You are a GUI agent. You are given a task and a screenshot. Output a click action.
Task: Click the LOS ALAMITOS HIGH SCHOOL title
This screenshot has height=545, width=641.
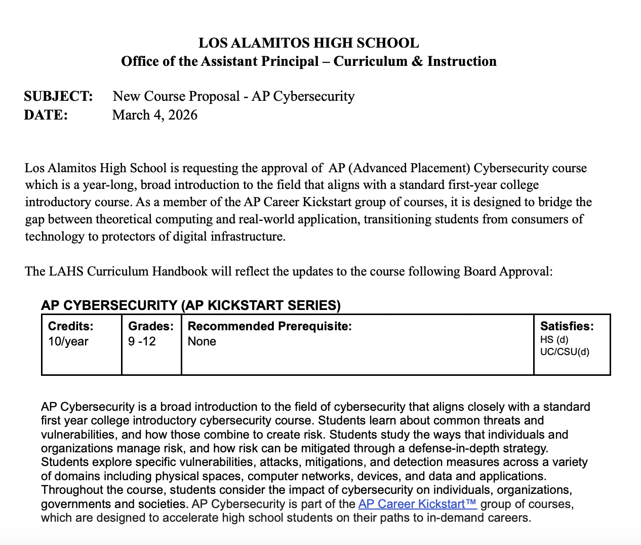point(308,43)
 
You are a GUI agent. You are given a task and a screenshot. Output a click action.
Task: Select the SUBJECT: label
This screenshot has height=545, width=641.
point(58,96)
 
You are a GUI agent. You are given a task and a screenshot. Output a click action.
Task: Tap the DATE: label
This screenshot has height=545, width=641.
point(46,115)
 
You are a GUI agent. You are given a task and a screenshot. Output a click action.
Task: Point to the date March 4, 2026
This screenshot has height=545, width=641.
point(154,115)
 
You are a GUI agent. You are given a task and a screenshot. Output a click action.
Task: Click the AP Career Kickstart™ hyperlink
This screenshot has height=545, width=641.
point(417,504)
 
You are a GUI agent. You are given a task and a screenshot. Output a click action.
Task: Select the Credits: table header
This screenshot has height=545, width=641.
point(71,326)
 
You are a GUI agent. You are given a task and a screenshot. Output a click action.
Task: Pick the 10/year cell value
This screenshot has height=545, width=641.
point(68,341)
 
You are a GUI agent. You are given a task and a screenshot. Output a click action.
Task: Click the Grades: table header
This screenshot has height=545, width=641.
point(151,326)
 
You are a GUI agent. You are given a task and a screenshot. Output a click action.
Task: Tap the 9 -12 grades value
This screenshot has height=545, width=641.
point(142,341)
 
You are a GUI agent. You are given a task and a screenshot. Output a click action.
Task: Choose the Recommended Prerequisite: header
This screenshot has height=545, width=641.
point(269,326)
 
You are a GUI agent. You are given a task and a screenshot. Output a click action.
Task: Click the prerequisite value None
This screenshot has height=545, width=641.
point(202,341)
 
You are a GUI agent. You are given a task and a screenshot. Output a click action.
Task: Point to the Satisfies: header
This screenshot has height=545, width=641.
point(567,326)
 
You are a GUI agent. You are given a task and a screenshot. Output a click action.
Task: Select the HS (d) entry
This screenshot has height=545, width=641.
point(554,340)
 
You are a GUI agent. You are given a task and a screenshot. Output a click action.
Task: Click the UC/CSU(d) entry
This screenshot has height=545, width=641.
point(565,352)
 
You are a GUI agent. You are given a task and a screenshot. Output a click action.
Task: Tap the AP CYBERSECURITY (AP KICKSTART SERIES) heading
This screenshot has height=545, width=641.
point(191,305)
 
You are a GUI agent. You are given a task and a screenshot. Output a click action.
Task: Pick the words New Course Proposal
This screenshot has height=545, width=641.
point(176,96)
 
